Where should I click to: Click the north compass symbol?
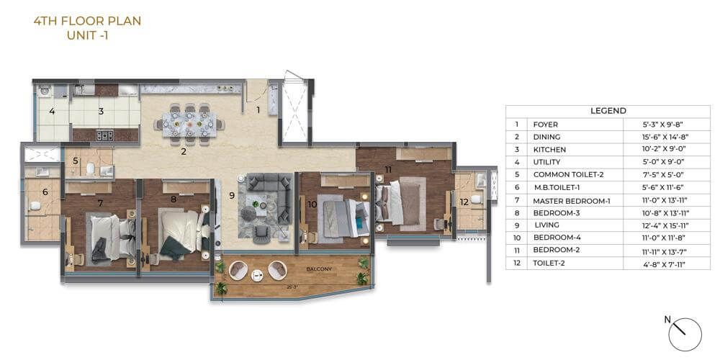pos(684,333)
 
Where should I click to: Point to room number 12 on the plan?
pos(464,202)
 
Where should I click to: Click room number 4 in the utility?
pos(52,111)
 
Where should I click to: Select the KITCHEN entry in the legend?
pos(549,150)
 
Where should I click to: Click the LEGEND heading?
pos(608,111)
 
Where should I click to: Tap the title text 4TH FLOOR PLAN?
pos(87,21)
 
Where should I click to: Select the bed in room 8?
pos(177,234)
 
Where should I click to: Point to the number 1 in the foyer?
pos(258,110)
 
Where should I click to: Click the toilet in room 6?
pos(33,206)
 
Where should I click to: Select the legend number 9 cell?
pos(516,225)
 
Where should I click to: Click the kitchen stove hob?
pos(105,134)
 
